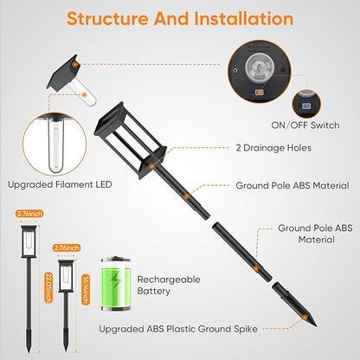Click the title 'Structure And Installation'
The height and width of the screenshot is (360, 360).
click(x=180, y=18)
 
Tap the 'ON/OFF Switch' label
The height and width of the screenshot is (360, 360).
click(x=305, y=125)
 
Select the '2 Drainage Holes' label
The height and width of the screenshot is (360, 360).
click(x=273, y=148)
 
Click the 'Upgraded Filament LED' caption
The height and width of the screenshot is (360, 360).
click(x=60, y=184)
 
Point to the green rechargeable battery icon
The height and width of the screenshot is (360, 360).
click(x=116, y=284)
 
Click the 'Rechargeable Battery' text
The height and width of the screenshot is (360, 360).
click(x=169, y=285)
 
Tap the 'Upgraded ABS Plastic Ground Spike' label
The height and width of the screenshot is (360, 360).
click(x=178, y=329)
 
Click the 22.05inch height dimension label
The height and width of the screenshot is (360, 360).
click(x=48, y=287)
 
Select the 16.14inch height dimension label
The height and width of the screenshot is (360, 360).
click(x=86, y=289)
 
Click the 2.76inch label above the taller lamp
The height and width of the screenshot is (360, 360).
click(x=29, y=214)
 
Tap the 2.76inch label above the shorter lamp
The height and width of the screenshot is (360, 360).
click(x=67, y=247)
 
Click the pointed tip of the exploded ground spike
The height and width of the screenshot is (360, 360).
click(x=316, y=326)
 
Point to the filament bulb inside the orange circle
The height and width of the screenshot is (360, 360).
click(x=55, y=146)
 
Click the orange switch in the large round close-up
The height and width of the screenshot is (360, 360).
click(x=260, y=93)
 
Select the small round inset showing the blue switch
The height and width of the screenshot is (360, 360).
click(x=306, y=104)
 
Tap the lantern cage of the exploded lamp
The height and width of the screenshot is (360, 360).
click(x=131, y=140)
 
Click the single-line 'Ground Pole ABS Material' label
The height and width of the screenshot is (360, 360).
click(x=292, y=185)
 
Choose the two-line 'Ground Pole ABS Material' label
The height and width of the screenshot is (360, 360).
click(x=315, y=234)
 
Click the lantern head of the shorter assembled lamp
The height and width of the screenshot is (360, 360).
click(x=66, y=275)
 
